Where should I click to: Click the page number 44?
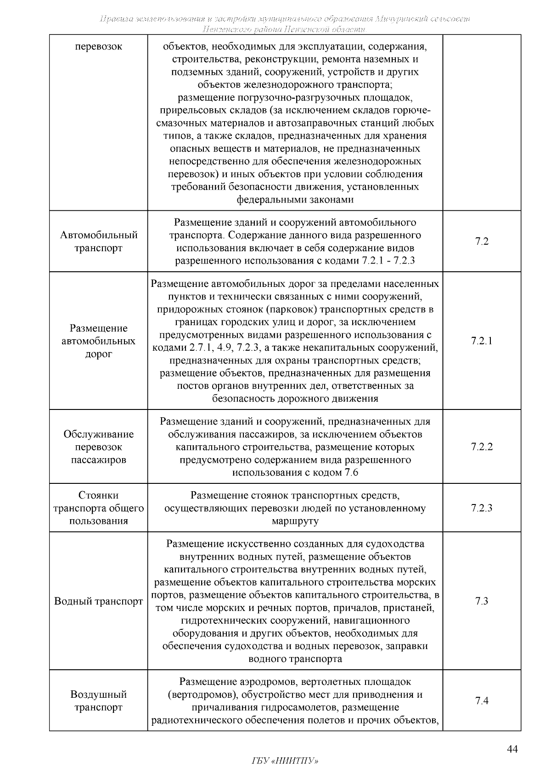coord(512,750)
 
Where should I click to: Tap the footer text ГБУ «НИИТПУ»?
coord(285,761)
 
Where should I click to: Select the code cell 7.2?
coord(482,241)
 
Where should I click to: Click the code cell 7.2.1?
coord(482,341)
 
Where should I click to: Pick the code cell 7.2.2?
coord(482,447)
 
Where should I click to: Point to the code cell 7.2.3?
coord(482,508)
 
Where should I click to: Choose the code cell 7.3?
coord(482,601)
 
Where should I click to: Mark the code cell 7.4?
coord(482,701)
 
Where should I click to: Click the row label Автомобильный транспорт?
coord(99,241)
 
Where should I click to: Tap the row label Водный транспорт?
coord(99,601)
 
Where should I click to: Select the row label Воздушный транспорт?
coord(99,701)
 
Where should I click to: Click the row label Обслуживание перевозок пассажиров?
coord(99,447)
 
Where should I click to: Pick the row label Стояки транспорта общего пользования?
coord(99,508)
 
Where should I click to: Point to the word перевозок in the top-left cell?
coord(99,47)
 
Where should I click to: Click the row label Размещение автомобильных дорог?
coord(99,341)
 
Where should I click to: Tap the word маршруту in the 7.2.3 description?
coord(295,521)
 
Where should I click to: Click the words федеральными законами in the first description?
coord(295,200)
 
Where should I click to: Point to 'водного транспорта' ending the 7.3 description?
coord(295,659)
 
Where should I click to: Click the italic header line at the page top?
coord(285,19)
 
